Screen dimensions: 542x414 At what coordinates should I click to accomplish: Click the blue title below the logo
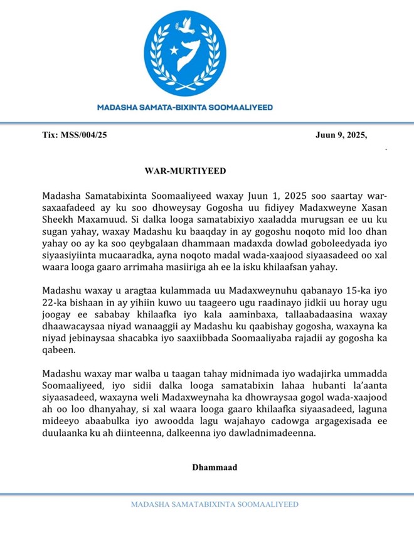coord(185,107)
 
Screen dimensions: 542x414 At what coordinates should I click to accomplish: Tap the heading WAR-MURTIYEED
coord(185,171)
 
